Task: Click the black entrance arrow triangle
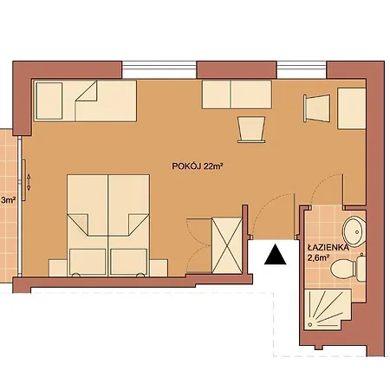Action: tap(275, 255)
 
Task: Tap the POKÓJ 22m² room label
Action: tap(198, 166)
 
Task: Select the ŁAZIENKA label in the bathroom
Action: tap(328, 248)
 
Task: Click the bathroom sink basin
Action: tap(354, 231)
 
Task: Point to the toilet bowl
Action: tap(344, 269)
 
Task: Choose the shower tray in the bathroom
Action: tap(328, 309)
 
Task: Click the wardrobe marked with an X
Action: tap(227, 245)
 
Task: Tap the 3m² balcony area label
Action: tap(9, 199)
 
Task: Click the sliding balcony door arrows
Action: tap(29, 182)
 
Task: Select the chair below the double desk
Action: tap(251, 129)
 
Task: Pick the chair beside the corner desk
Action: tap(316, 108)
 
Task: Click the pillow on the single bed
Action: tap(49, 101)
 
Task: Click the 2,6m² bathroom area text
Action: tap(319, 257)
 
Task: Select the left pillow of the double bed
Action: tap(88, 262)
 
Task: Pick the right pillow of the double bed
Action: tap(128, 262)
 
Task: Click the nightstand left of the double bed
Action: tap(58, 268)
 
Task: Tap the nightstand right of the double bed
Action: tap(159, 268)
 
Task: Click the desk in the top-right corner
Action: tap(352, 108)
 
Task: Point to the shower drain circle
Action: tap(310, 324)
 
